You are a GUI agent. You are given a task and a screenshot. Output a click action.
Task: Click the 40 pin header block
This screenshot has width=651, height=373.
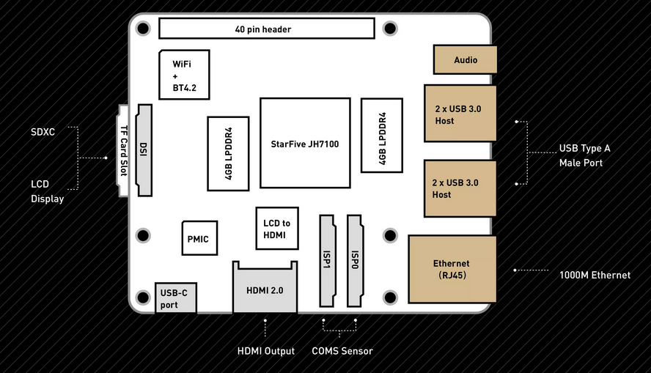pos(267,29)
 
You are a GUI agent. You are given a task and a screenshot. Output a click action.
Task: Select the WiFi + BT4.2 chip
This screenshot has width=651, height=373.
pos(184,75)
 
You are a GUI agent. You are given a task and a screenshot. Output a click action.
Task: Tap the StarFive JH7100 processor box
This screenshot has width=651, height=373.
pos(304,143)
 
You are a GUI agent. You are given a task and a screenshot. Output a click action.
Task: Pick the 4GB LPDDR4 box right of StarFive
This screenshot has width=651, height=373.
pos(381,136)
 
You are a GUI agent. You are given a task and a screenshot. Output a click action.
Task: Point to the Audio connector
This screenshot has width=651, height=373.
pos(466,60)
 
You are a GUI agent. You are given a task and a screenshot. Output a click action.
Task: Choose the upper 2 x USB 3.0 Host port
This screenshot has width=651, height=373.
pos(460,114)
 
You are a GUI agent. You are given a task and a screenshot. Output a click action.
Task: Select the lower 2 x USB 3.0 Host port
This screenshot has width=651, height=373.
pos(460,188)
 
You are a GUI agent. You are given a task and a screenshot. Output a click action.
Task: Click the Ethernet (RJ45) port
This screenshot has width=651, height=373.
pos(452,269)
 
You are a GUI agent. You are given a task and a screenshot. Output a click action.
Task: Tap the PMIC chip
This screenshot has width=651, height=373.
pos(199,239)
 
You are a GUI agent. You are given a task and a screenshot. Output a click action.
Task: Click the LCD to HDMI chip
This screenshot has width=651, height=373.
pos(276,229)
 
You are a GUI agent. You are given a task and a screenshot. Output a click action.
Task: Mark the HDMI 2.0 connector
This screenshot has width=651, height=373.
pos(265,289)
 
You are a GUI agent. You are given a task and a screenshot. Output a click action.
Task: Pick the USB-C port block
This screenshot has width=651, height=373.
pos(175,298)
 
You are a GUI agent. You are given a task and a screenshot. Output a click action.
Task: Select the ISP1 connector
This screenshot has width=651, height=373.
pos(326,260)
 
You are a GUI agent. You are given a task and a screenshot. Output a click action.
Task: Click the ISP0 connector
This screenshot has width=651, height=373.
pos(355,260)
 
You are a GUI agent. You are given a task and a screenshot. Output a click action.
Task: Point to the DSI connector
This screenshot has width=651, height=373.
pos(143,150)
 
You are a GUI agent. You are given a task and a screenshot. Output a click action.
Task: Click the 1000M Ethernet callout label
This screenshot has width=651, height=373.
pos(595,275)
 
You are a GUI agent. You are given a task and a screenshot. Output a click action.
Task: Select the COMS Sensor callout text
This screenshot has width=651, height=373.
pos(342,351)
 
